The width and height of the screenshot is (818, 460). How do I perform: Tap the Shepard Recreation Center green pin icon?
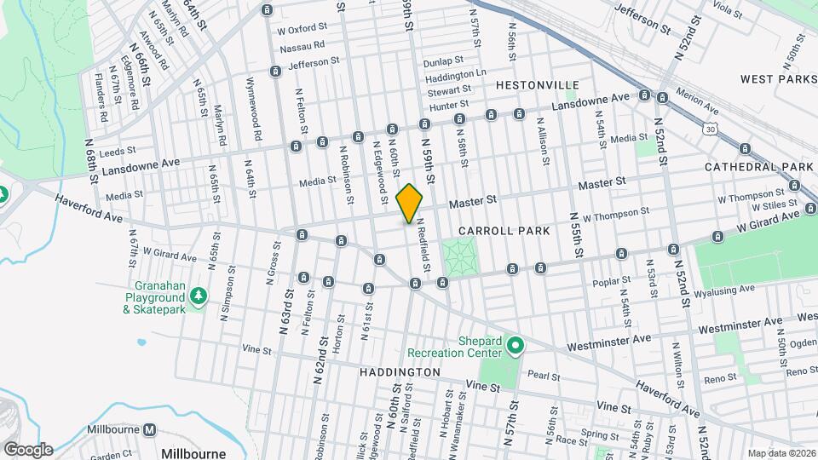[x=516, y=346]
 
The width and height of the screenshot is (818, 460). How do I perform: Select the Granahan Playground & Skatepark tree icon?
[x=199, y=296]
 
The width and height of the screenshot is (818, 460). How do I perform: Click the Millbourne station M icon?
[x=150, y=430]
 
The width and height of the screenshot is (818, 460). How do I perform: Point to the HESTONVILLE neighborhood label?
[x=537, y=85]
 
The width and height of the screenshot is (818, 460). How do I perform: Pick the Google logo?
[x=27, y=449]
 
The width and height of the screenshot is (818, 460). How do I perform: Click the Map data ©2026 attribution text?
[x=781, y=452]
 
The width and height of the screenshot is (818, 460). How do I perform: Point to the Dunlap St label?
[x=443, y=61]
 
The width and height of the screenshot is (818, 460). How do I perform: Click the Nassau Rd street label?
[x=302, y=45]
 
